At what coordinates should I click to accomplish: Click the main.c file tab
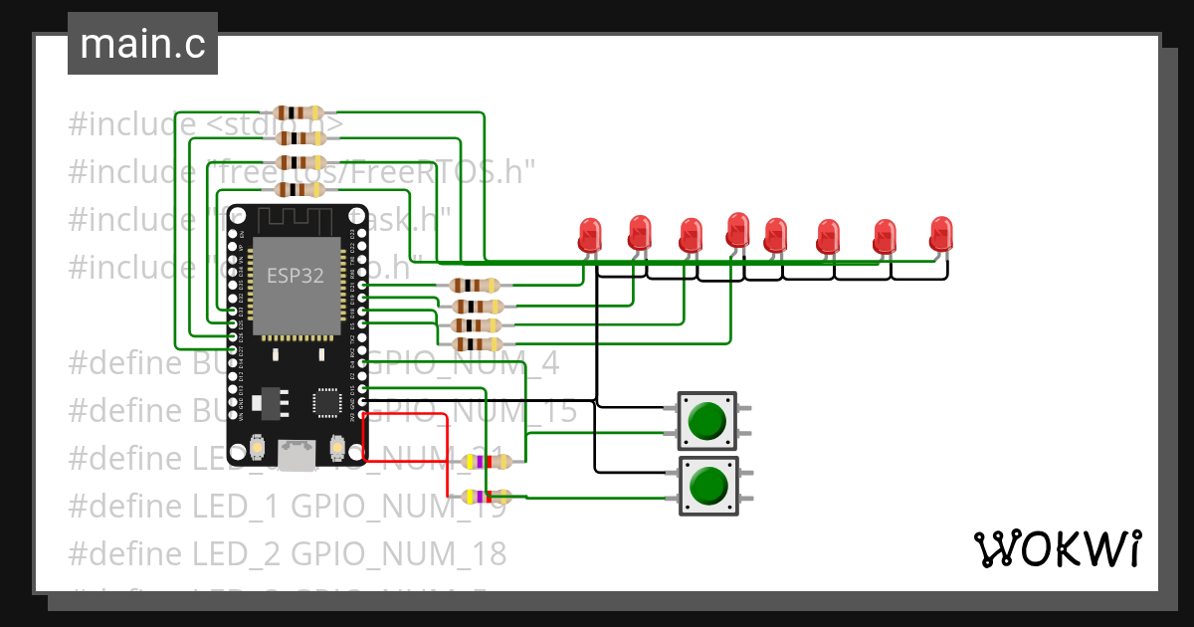click(142, 45)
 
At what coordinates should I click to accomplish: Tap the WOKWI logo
click(1057, 548)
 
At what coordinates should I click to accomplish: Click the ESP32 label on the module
click(295, 277)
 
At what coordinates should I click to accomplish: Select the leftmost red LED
click(591, 236)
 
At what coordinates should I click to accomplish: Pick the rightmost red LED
click(940, 235)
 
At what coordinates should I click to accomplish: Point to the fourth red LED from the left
click(737, 230)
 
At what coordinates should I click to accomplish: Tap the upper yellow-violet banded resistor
click(488, 461)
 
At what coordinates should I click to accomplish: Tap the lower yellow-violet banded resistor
click(488, 496)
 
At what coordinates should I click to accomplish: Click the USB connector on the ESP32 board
click(297, 456)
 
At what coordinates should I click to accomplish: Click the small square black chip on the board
click(326, 402)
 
